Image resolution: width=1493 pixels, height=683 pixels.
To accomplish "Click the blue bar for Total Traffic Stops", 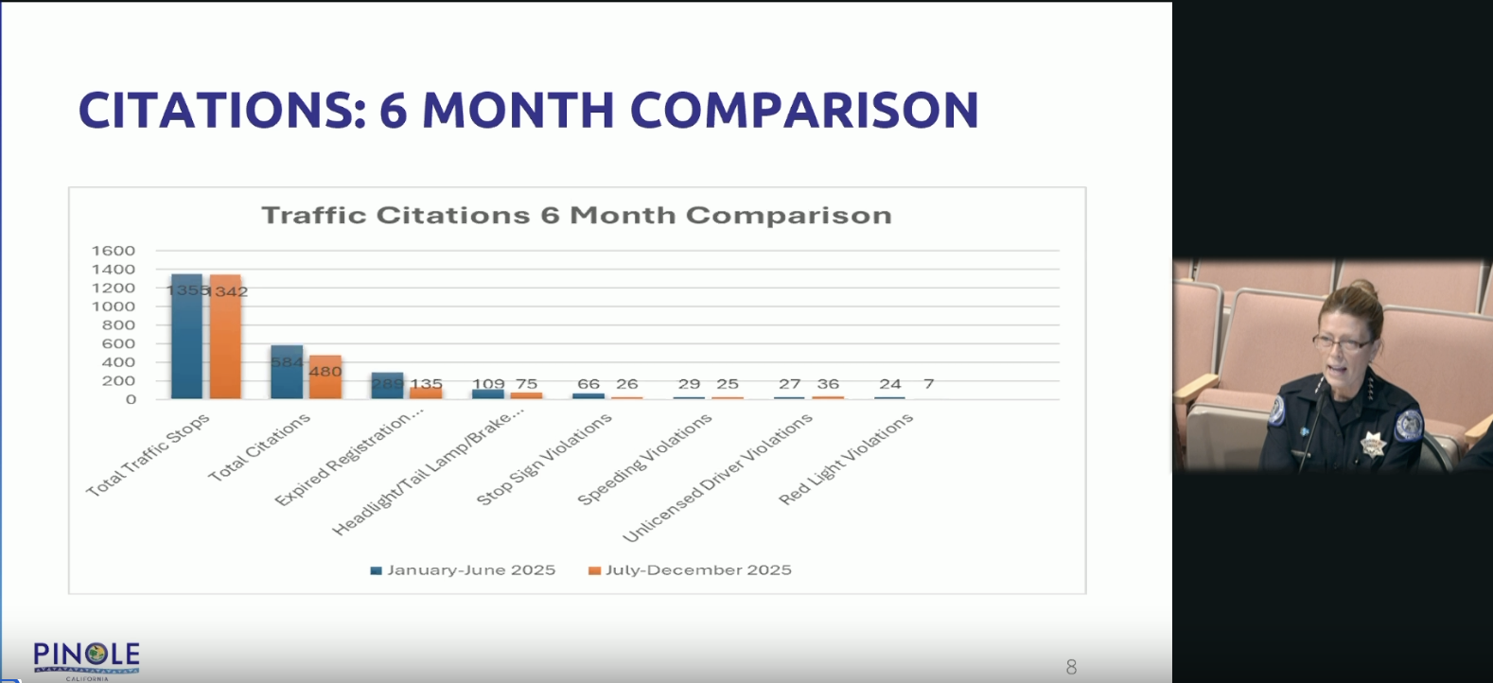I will coord(186,341).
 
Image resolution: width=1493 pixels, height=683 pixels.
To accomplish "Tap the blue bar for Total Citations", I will coord(287,378).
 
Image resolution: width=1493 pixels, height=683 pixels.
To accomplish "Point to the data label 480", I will coord(325,372).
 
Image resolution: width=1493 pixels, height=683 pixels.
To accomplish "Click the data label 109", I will coord(488,384).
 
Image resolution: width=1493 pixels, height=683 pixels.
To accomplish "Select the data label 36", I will coord(828,384).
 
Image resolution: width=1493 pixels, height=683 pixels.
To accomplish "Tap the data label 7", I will coord(929,384).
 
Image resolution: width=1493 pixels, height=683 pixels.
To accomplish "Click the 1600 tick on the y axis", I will coord(114,251).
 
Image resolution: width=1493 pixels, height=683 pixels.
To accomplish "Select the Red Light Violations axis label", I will coord(846,460).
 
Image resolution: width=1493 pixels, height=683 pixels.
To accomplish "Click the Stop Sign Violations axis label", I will coord(544,460).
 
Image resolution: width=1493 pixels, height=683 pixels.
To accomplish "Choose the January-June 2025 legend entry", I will coord(463,570).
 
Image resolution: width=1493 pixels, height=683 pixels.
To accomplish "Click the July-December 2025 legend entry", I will coord(690,570).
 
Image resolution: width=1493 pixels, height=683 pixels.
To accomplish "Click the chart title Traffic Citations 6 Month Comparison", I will coord(576,216).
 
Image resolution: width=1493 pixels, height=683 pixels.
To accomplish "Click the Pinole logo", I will coord(87,658).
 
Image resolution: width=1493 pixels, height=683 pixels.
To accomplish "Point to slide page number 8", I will coord(1071,667).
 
